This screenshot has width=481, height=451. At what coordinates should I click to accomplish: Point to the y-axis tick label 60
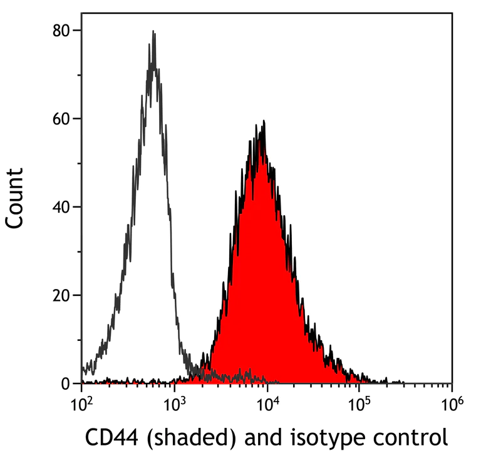tap(63, 118)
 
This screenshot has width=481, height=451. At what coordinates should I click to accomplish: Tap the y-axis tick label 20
tap(63, 295)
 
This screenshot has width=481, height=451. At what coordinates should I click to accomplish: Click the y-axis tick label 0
tap(67, 383)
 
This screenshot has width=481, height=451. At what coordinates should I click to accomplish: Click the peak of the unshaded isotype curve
tap(153, 33)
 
